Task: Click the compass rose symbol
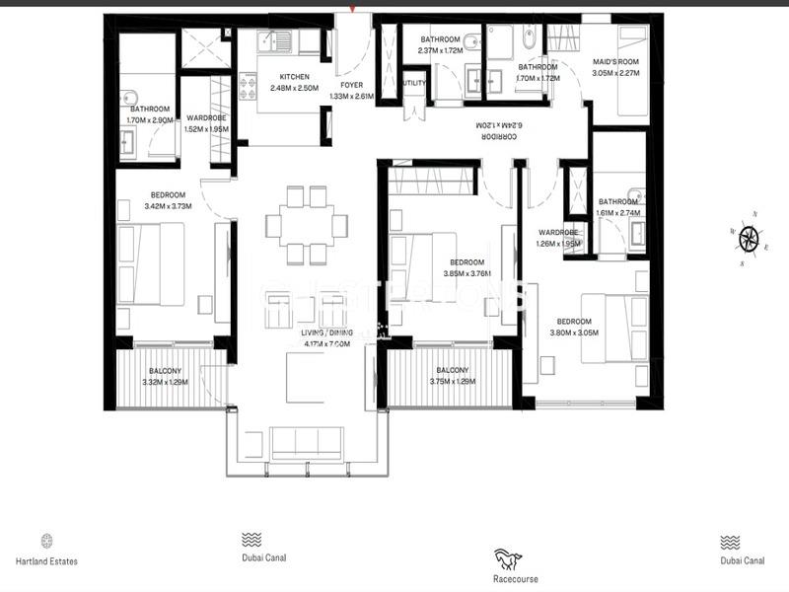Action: click(x=749, y=237)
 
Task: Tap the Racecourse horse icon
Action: click(x=508, y=560)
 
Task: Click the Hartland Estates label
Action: click(x=46, y=561)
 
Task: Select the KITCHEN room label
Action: click(x=294, y=77)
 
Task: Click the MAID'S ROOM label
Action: click(x=616, y=62)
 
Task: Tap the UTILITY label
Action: click(x=414, y=84)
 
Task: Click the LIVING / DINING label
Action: click(x=325, y=333)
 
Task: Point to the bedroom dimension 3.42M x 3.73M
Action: click(x=169, y=206)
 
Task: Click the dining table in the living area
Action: click(x=304, y=225)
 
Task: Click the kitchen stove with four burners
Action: click(x=248, y=87)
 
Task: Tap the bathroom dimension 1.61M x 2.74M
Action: click(x=619, y=212)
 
